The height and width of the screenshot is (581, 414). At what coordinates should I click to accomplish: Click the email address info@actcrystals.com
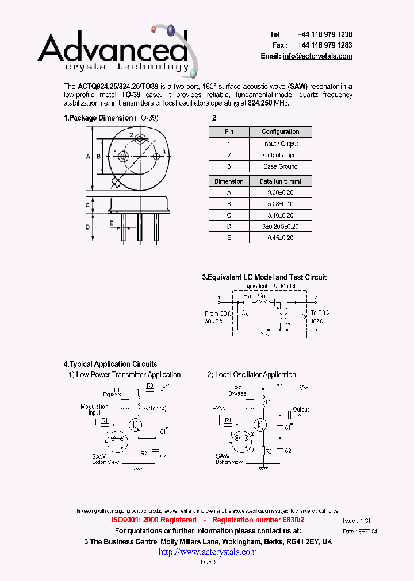click(317, 56)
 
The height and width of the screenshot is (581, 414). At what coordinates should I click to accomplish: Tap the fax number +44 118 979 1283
click(325, 45)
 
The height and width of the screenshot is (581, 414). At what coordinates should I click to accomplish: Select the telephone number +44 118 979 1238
click(325, 34)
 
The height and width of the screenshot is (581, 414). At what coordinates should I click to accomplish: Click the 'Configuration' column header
click(280, 132)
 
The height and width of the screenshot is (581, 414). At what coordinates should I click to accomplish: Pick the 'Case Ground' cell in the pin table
click(280, 166)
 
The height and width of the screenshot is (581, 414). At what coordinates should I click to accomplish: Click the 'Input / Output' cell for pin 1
click(280, 144)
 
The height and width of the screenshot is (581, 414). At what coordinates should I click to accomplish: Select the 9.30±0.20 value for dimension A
click(280, 193)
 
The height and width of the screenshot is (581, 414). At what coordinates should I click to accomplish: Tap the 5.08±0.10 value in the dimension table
click(280, 204)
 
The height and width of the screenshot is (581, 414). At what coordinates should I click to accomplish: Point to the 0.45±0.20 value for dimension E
click(280, 237)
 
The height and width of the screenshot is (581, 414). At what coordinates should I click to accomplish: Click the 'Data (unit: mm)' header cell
click(280, 181)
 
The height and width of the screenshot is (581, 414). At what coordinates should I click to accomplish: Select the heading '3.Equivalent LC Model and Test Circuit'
click(264, 277)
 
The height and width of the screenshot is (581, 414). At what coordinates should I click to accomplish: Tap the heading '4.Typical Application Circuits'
click(110, 364)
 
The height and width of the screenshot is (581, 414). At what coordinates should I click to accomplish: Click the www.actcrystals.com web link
click(208, 552)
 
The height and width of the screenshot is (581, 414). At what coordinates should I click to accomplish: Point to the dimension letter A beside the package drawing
click(88, 156)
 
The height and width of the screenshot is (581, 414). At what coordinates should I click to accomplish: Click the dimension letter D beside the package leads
click(88, 227)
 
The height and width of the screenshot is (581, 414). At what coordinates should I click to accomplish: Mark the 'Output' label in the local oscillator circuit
click(301, 409)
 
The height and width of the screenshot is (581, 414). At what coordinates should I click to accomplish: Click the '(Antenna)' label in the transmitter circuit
click(155, 408)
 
